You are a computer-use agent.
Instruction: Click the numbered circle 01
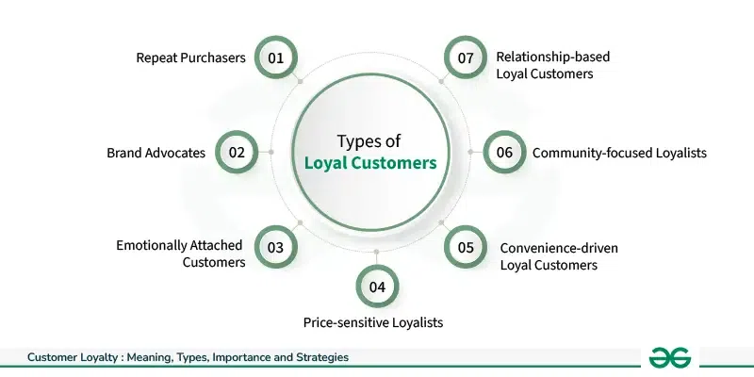pos(276,58)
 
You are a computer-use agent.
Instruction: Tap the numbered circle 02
pos(237,151)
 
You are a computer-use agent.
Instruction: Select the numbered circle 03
pos(276,248)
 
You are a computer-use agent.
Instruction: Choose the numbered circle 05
pos(466,248)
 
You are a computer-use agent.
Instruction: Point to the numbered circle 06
pos(504,151)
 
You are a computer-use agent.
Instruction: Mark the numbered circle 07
pos(466,58)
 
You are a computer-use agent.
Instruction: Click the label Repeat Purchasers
pos(189,58)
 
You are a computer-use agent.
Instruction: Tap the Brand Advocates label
pos(156,152)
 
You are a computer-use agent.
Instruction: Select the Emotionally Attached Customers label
pos(181,253)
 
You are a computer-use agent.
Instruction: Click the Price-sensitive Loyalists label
pos(373,322)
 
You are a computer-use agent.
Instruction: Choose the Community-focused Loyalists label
pos(619,152)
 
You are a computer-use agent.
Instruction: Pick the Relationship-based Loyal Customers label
pos(552,64)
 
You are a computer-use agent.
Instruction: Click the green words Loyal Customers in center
pos(370,163)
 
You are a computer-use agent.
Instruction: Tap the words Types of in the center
pos(370,140)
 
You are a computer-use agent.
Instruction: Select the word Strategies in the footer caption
pos(320,358)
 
